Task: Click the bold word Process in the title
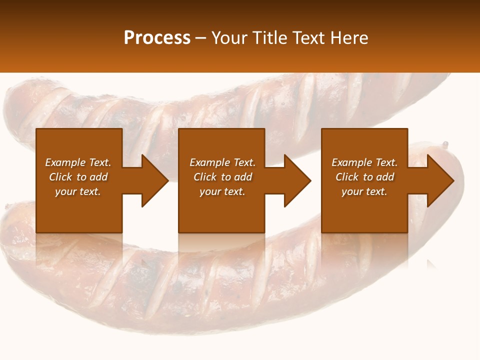[157, 38]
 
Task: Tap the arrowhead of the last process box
[439, 180]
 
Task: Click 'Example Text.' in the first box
[78, 162]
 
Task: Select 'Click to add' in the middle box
[222, 177]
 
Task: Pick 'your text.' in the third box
[364, 191]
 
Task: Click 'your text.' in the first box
[78, 191]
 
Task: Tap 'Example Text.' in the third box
[364, 162]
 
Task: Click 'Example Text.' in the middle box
[222, 162]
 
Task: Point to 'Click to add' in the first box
[78, 177]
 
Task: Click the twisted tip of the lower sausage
[444, 145]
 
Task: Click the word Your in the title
[229, 38]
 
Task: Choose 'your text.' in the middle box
[222, 191]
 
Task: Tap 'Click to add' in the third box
[364, 177]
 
